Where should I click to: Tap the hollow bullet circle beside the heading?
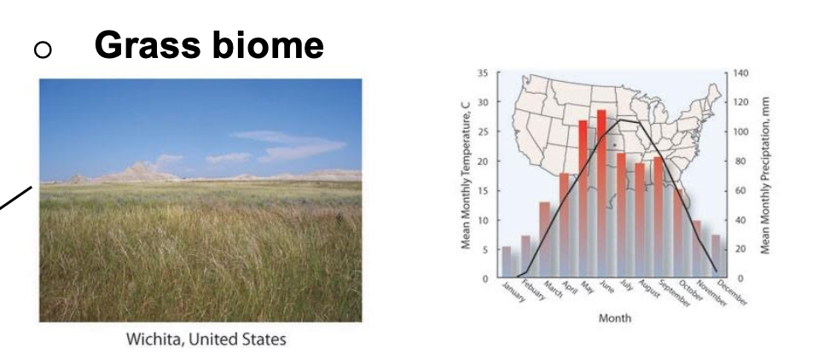tap(43, 49)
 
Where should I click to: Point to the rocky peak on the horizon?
tap(137, 168)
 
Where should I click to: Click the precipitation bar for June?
tap(601, 193)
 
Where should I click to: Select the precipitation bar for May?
tap(583, 198)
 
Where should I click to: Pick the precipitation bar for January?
tap(507, 261)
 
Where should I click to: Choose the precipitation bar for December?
tap(716, 255)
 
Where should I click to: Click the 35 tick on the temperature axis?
tap(483, 73)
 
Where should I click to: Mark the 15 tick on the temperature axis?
tap(483, 191)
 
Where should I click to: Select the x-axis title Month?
tap(615, 318)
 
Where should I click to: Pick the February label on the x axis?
tap(533, 290)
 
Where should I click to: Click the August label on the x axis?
tap(649, 289)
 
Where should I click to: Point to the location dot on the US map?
tap(614, 144)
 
